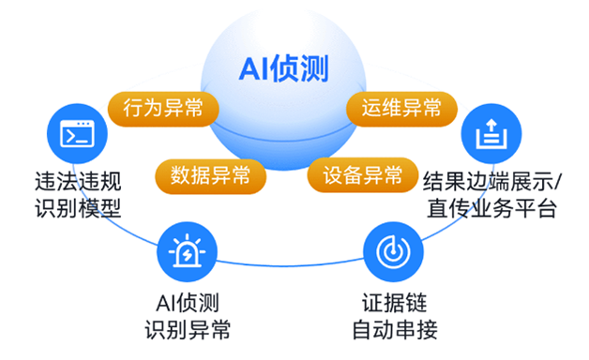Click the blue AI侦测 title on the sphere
[x=283, y=68]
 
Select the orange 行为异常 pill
[x=163, y=109]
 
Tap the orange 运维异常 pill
[x=401, y=109]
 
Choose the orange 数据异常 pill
[x=210, y=175]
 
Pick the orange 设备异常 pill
[x=362, y=175]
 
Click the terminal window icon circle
[x=77, y=134]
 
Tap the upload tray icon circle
[x=491, y=134]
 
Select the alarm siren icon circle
[x=187, y=251]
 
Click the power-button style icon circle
[x=393, y=251]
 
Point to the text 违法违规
[x=78, y=182]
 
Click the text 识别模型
[x=78, y=208]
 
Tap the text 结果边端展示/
[x=492, y=182]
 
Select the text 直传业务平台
[x=492, y=208]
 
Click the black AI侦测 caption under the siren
[x=188, y=303]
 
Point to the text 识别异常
[x=188, y=330]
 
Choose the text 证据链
[x=395, y=303]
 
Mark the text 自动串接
[x=395, y=330]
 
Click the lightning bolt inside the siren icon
[x=187, y=255]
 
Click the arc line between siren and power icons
[x=290, y=265]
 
